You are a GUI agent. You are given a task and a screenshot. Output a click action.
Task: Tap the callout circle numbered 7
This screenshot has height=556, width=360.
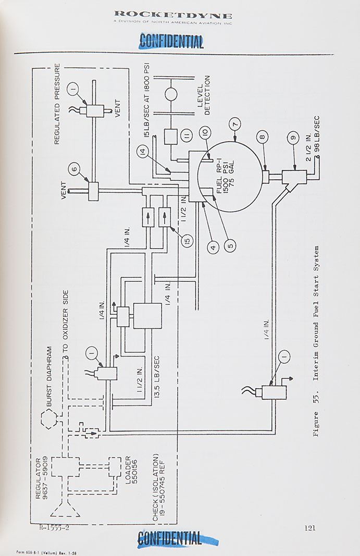[236, 125]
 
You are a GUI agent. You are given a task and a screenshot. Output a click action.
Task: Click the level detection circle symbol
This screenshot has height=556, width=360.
[171, 94]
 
